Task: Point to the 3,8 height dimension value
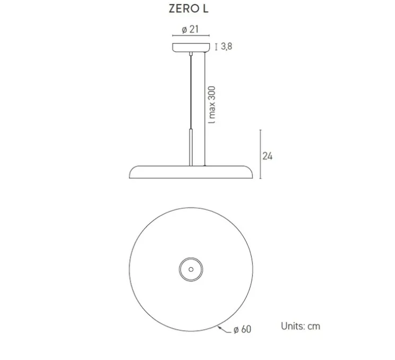227,47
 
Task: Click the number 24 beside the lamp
268,156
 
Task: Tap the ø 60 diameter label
243,330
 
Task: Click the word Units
293,326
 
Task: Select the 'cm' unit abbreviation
314,326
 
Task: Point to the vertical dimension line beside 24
259,153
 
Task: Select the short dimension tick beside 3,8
216,47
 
